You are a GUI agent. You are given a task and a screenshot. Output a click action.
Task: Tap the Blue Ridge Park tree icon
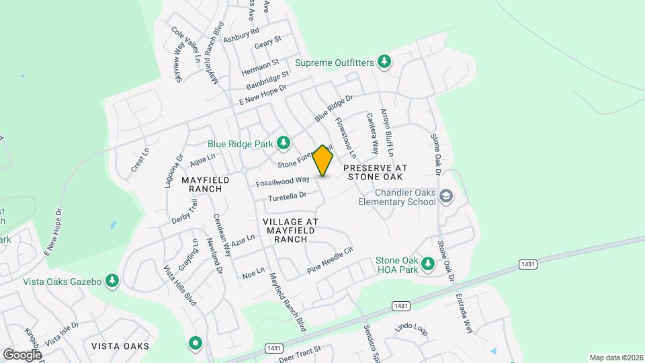point(284,143)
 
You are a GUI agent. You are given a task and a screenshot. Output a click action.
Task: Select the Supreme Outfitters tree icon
point(384,62)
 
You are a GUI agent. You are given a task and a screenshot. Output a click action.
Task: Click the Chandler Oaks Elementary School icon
point(445,196)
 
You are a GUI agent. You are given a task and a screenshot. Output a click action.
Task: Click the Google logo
point(22,354)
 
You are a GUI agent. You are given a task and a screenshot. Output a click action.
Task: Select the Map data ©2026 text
point(615,358)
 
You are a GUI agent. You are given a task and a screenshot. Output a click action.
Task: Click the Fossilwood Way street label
point(282,182)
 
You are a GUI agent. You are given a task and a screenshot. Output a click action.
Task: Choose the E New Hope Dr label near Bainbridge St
point(263,95)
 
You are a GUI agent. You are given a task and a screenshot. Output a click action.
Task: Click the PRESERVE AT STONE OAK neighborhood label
point(373,171)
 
